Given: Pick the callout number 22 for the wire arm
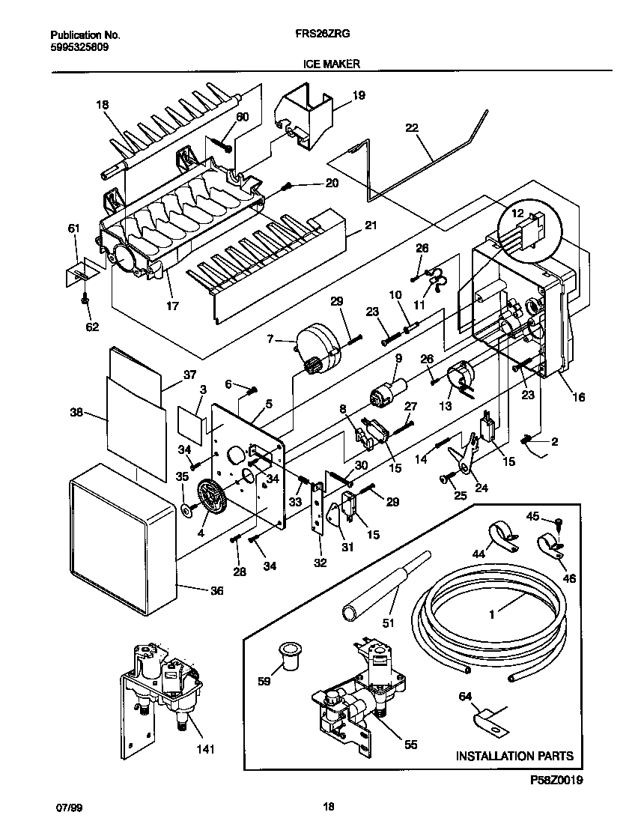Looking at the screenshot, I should (x=411, y=128).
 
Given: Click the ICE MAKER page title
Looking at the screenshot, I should (x=331, y=64).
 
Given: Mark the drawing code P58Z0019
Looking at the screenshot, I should (x=556, y=780).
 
